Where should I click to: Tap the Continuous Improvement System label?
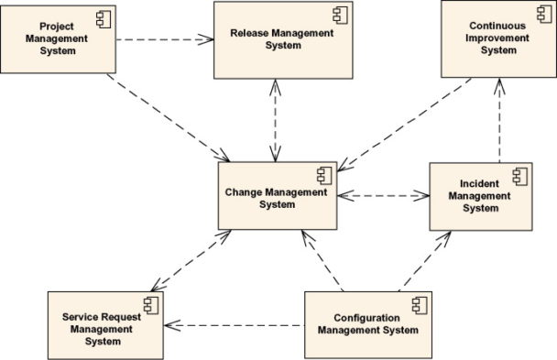pos(497,38)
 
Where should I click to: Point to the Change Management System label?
pos(275,198)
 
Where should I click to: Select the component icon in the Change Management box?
pos(324,174)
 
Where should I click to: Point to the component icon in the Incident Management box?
pos(519,174)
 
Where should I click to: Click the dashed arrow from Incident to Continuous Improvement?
pos(500,120)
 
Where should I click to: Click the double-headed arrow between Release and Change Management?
pos(274,118)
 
